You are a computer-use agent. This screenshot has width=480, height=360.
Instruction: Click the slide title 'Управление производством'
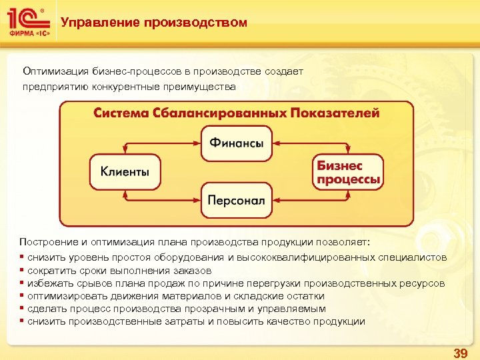tap(153, 23)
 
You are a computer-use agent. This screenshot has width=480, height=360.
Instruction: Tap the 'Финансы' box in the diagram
tap(236, 143)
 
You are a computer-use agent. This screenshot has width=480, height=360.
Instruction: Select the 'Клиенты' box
tap(125, 172)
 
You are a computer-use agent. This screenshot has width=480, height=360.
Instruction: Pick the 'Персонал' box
tap(236, 200)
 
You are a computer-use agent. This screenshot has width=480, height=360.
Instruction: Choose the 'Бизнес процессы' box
tap(348, 172)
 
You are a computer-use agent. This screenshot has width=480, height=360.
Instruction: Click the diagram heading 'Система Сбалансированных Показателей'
tap(236, 113)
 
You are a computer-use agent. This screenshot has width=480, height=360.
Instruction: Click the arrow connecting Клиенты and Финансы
tap(160, 143)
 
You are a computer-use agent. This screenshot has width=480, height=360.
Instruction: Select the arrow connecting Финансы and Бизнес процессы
tap(313, 143)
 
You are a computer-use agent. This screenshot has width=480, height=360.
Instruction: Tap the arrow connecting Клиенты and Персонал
tap(160, 200)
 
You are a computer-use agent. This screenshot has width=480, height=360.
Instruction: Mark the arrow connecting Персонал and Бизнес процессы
tap(313, 200)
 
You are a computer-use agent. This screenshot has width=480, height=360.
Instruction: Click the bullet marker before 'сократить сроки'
tap(22, 271)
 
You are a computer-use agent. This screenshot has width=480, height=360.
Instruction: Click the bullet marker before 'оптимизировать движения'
tap(22, 296)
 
